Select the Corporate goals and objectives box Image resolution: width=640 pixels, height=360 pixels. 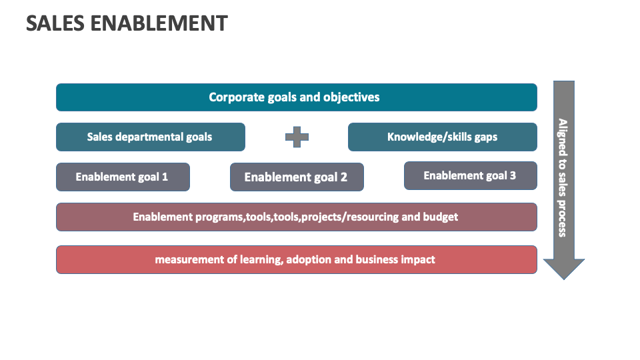(x=296, y=97)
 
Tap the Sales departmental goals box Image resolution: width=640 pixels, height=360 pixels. (x=150, y=137)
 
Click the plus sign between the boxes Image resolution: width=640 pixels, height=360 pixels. (x=297, y=137)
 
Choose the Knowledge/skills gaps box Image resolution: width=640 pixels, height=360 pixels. (x=442, y=137)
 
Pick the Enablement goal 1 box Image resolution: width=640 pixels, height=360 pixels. (x=123, y=177)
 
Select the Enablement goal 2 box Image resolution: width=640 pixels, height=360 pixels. (x=297, y=177)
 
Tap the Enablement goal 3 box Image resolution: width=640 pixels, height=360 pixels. (x=470, y=176)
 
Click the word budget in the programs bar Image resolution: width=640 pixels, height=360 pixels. (x=441, y=217)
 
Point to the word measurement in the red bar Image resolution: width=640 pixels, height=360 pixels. (x=188, y=259)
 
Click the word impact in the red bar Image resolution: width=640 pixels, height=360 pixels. (x=418, y=259)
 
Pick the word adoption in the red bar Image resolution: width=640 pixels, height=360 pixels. (x=308, y=259)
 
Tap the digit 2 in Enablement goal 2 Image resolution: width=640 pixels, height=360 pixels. (x=343, y=177)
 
